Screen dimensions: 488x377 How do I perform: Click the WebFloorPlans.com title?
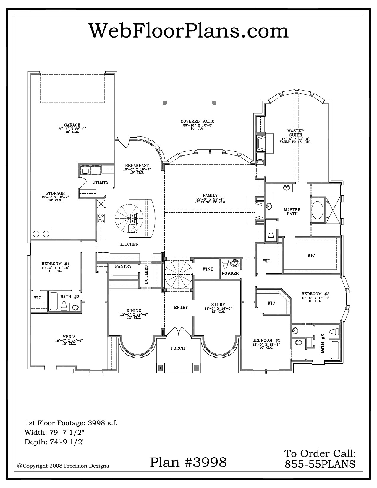pyautogui.click(x=189, y=31)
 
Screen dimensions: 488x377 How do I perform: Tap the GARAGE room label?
pyautogui.click(x=72, y=125)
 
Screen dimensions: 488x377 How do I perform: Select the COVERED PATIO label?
pyautogui.click(x=198, y=122)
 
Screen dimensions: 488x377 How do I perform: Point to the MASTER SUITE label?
pyautogui.click(x=295, y=133)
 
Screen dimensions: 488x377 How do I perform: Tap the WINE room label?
pyautogui.click(x=208, y=269)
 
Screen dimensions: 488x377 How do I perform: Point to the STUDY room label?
pyautogui.click(x=218, y=305)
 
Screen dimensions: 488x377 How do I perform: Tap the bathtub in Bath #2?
pyautogui.click(x=335, y=350)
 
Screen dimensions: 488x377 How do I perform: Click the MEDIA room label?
pyautogui.click(x=69, y=337)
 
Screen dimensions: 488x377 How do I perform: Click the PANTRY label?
pyautogui.click(x=123, y=266)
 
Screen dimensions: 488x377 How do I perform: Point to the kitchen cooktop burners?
pyautogui.click(x=101, y=218)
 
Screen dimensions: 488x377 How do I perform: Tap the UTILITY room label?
pyautogui.click(x=100, y=182)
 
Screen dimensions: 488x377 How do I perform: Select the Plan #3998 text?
pyautogui.click(x=188, y=462)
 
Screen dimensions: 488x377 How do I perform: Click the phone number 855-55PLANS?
pyautogui.click(x=320, y=464)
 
